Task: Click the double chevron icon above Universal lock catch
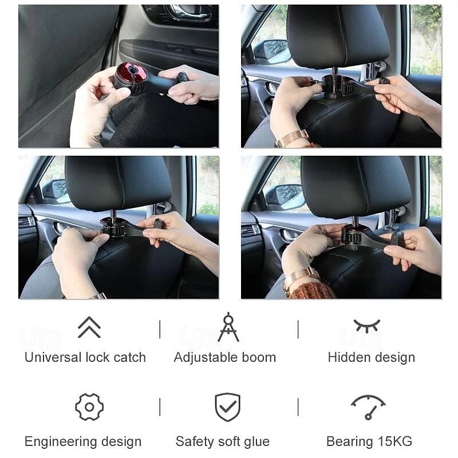coord(89,327)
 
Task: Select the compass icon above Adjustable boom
coord(228,327)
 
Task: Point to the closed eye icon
coord(366,326)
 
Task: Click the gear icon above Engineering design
coord(89,407)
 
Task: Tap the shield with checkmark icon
coord(227,407)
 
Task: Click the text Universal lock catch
coord(85,357)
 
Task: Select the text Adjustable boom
coord(225,357)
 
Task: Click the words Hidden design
coord(371,357)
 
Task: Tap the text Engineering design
coord(83,441)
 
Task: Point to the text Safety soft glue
coord(222,441)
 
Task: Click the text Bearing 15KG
coord(369,441)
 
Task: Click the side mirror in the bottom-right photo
coord(286,196)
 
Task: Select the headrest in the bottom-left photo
coord(118,184)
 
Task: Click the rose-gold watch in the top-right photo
coord(292,139)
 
